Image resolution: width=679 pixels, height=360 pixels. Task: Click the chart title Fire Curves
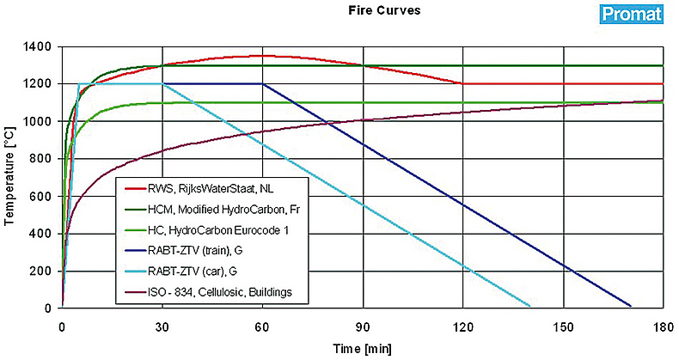click(365, 11)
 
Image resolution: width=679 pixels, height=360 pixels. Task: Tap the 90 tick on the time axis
click(362, 327)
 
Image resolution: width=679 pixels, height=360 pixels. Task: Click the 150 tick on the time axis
click(562, 327)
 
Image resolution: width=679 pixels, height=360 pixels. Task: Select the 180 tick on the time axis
click(663, 327)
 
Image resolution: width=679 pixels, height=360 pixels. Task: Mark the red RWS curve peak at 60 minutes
click(262, 56)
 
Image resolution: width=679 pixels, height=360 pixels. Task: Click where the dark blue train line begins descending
click(262, 83)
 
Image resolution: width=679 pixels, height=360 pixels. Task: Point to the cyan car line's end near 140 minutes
click(529, 305)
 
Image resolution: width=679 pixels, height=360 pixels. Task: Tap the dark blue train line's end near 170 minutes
click(630, 305)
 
